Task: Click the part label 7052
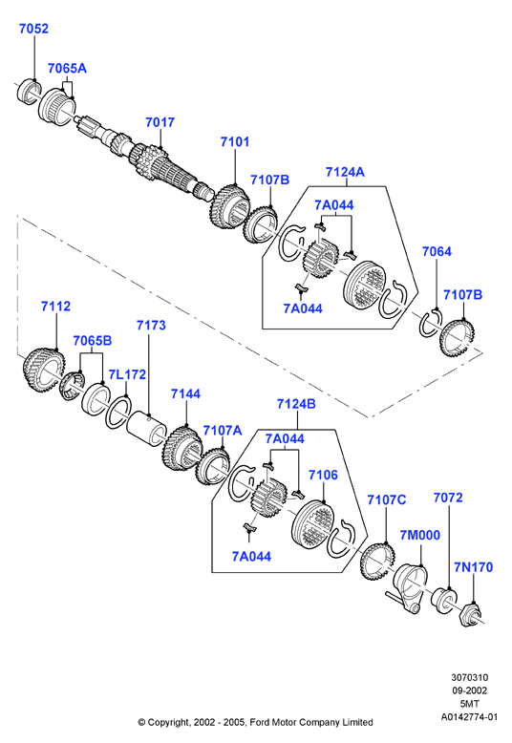[33, 29]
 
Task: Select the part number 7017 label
[160, 122]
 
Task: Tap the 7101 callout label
[235, 141]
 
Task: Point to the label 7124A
[345, 172]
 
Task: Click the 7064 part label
[437, 251]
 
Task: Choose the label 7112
[55, 307]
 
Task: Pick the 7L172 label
[127, 374]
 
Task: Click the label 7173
[151, 325]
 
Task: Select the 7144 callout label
[185, 393]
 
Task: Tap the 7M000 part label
[420, 535]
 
